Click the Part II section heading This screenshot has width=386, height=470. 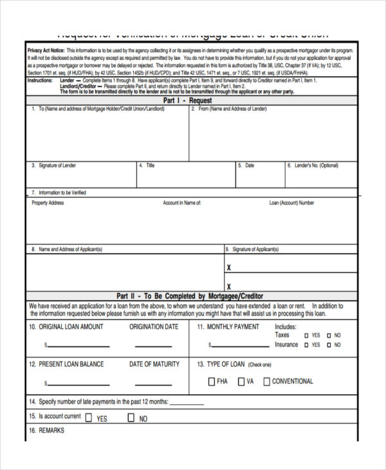(x=191, y=296)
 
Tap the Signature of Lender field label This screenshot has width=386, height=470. (x=57, y=165)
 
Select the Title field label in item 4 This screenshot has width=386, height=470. (x=150, y=165)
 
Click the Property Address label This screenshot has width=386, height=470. (x=48, y=203)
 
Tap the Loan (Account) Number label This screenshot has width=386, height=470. (x=291, y=203)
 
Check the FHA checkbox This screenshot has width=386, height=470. (x=212, y=382)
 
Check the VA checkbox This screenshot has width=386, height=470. (x=241, y=382)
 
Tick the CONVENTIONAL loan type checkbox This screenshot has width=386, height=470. (x=266, y=382)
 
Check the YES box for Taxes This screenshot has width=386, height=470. (x=306, y=335)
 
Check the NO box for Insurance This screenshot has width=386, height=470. (x=329, y=345)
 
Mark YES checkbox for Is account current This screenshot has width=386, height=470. (x=89, y=417)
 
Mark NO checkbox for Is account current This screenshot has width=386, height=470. (x=131, y=417)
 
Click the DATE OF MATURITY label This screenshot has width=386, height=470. (x=154, y=364)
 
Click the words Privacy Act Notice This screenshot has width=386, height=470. (x=46, y=50)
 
